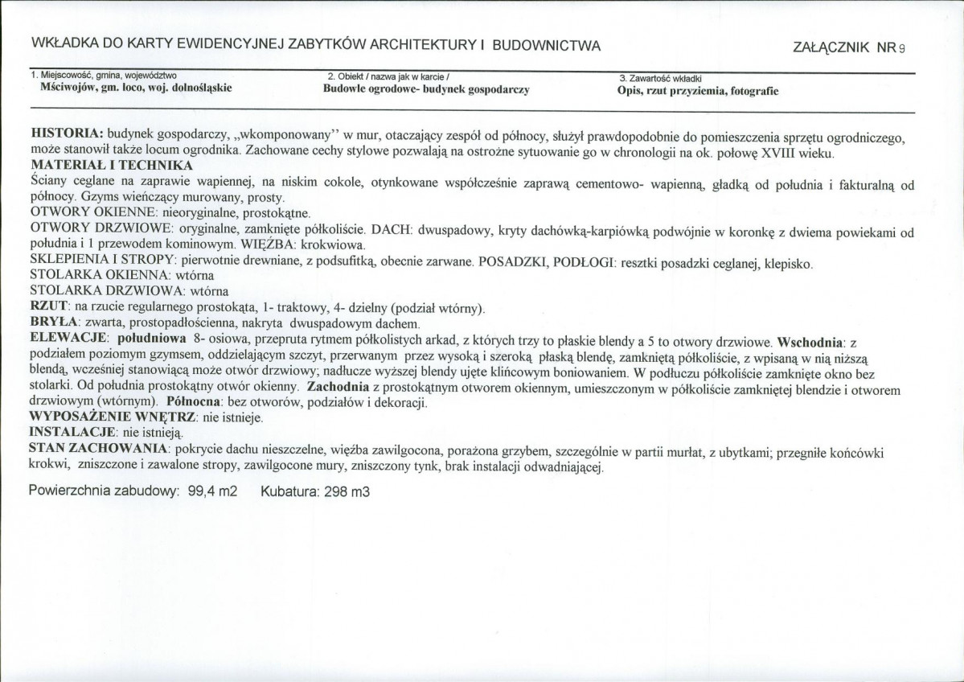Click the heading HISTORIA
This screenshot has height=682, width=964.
click(x=64, y=131)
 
